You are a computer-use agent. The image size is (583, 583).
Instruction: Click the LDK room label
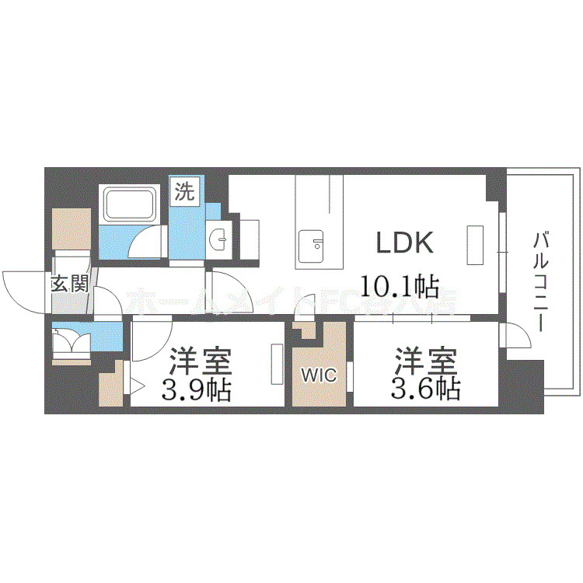[x=404, y=244]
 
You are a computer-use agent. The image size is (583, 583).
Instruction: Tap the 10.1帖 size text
[x=398, y=286]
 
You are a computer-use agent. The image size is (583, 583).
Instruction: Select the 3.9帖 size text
[x=196, y=388]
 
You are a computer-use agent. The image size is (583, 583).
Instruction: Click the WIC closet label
[x=319, y=376]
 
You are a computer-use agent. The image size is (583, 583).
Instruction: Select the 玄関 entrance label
[x=68, y=284]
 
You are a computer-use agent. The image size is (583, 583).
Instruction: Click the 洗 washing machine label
[x=184, y=191]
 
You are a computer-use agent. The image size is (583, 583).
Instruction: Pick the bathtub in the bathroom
[x=130, y=204]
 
